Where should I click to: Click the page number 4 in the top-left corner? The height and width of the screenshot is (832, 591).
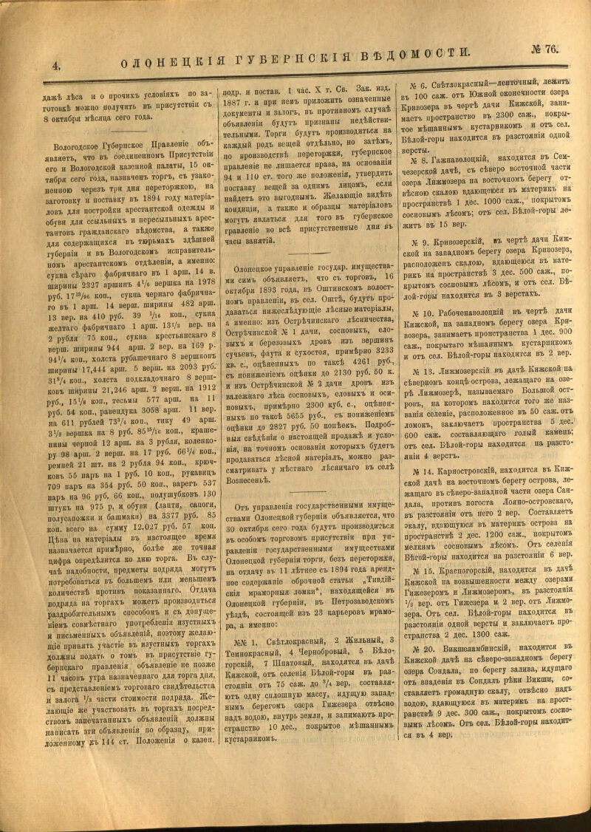55,65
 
